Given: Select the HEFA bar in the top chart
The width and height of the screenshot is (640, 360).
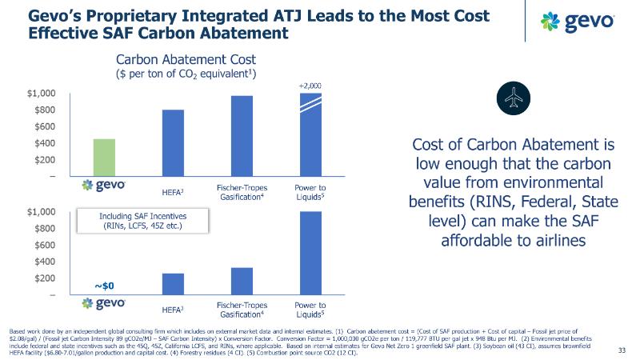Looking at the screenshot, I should click(x=173, y=142).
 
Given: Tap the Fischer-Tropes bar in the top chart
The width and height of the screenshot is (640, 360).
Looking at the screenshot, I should click(x=241, y=135).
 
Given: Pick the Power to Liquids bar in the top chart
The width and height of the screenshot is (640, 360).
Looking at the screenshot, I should click(x=310, y=134).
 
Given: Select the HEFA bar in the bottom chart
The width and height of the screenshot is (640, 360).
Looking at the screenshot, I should click(x=173, y=284).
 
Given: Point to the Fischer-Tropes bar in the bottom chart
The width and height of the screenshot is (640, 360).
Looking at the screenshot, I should click(x=241, y=281).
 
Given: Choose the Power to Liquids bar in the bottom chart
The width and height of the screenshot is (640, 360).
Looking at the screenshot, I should click(x=310, y=253).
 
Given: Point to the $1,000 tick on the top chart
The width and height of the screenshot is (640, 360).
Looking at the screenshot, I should click(x=39, y=94).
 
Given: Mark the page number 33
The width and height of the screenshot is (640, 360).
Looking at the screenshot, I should click(x=622, y=349).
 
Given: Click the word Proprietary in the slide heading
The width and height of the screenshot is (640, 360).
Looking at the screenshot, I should click(x=137, y=14).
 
